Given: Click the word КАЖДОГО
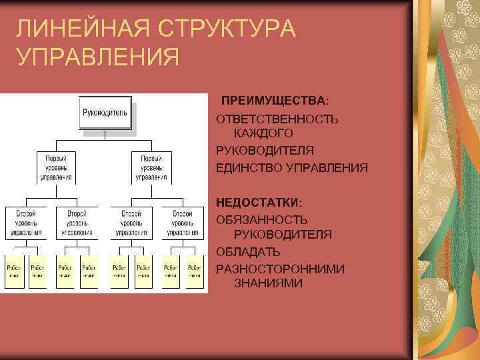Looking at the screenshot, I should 263,134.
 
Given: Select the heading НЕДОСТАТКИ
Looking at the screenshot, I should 259,201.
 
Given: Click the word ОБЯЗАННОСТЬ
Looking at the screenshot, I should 261,219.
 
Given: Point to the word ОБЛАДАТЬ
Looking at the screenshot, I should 248,252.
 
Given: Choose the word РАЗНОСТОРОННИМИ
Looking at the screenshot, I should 280,269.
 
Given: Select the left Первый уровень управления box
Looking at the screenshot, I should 56,168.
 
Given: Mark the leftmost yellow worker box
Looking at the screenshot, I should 14,271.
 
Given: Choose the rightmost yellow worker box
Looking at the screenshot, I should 195,271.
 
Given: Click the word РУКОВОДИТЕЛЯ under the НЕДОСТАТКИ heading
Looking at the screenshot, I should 283,235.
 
